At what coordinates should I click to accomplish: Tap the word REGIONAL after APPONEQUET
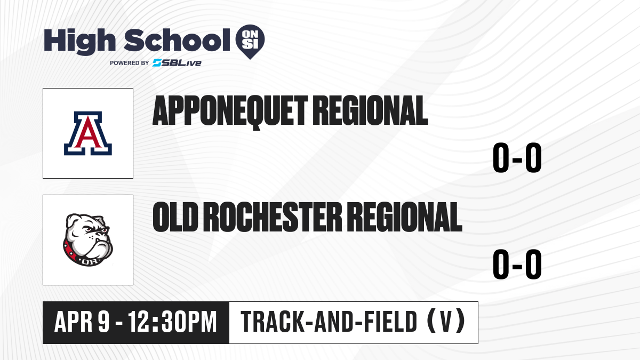(x=370, y=110)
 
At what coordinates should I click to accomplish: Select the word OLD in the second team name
(x=175, y=217)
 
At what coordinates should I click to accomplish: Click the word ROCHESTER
(x=273, y=217)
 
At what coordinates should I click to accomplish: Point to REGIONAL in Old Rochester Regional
(x=405, y=217)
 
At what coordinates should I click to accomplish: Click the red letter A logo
(x=88, y=133)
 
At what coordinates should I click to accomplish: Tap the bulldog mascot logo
(x=88, y=240)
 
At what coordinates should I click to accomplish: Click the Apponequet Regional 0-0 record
(x=517, y=158)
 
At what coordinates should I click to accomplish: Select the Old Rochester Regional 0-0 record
(x=517, y=265)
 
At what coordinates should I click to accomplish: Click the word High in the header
(x=79, y=42)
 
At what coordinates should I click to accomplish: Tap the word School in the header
(x=177, y=40)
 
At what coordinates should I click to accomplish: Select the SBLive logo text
(x=177, y=63)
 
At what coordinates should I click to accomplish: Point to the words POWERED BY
(x=130, y=63)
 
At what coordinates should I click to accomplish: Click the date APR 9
(x=82, y=322)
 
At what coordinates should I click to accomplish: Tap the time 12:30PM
(x=173, y=322)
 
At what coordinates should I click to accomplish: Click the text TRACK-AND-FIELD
(x=329, y=322)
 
